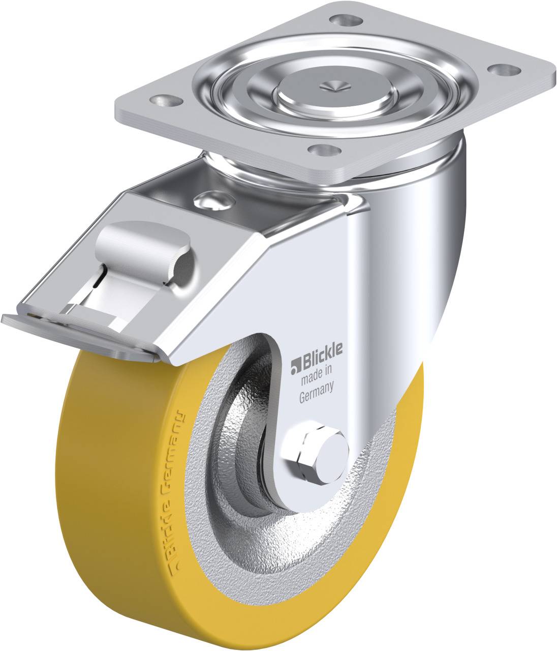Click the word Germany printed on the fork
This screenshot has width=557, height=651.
coord(316,394)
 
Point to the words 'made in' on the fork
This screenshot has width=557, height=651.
coord(316,376)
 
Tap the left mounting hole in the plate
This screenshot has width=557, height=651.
coord(166,101)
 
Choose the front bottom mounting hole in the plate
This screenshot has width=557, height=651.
coord(324,150)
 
